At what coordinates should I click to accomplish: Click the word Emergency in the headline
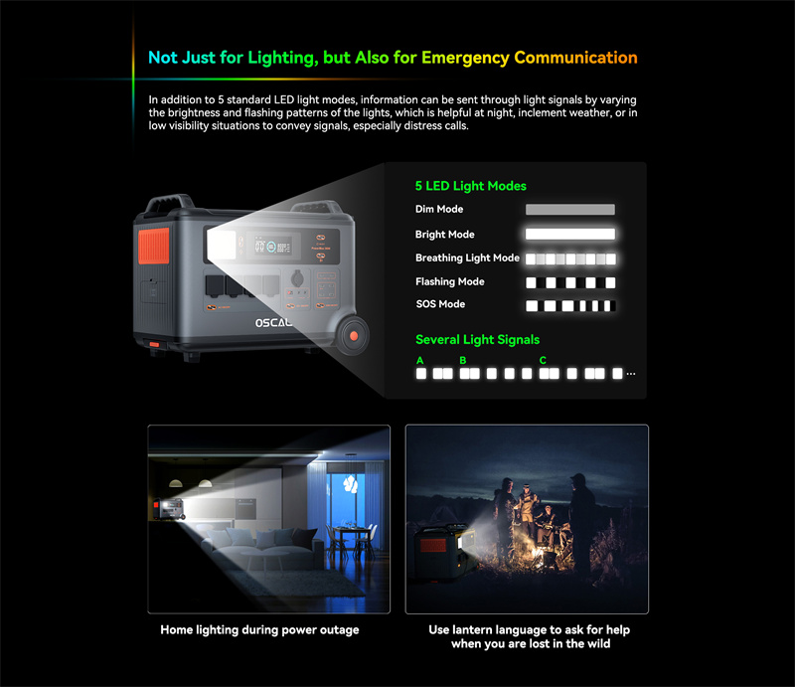click(x=465, y=59)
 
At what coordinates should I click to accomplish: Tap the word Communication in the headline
click(x=575, y=58)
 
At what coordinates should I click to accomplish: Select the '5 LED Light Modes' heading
click(x=470, y=186)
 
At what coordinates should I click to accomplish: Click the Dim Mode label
click(x=439, y=209)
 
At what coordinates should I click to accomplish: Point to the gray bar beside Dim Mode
click(x=569, y=210)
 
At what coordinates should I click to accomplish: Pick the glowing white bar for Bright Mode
click(x=569, y=234)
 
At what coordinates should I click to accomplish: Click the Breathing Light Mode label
click(x=467, y=258)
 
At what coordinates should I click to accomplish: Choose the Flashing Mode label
click(x=450, y=281)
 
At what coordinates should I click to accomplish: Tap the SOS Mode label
click(x=440, y=304)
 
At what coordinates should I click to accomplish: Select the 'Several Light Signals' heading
click(x=477, y=340)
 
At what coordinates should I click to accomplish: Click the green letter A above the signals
click(x=419, y=360)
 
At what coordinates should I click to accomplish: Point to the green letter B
click(x=463, y=360)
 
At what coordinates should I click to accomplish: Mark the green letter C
click(x=543, y=360)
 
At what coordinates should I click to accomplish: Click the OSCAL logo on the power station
click(x=273, y=323)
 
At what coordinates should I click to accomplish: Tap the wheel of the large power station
click(x=353, y=335)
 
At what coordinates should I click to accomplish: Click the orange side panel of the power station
click(x=154, y=247)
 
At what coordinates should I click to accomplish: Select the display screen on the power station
click(x=268, y=247)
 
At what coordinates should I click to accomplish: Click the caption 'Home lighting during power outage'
click(x=259, y=630)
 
